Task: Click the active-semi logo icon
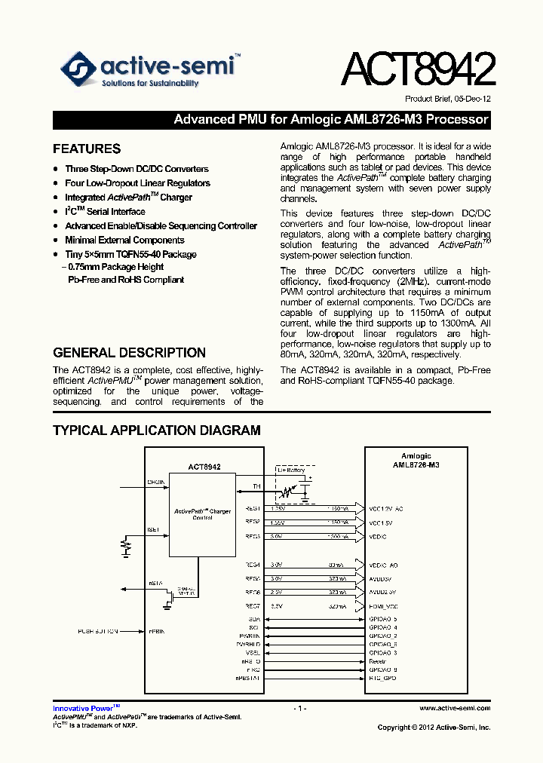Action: pyautogui.click(x=77, y=69)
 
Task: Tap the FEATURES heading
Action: pyautogui.click(x=87, y=149)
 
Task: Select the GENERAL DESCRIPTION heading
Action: pyautogui.click(x=129, y=353)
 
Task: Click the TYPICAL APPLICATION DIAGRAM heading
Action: pyautogui.click(x=157, y=431)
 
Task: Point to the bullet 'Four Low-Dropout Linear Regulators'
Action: pyautogui.click(x=137, y=183)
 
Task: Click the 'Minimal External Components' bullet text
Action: pyautogui.click(x=124, y=241)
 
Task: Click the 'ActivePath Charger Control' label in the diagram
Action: pyautogui.click(x=202, y=514)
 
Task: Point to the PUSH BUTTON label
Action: pyautogui.click(x=97, y=631)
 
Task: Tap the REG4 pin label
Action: pyautogui.click(x=252, y=565)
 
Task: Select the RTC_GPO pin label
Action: pyautogui.click(x=382, y=679)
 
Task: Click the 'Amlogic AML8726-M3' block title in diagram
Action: pyautogui.click(x=416, y=461)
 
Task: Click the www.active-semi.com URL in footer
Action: pyautogui.click(x=455, y=708)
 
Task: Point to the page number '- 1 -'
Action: pyautogui.click(x=300, y=708)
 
